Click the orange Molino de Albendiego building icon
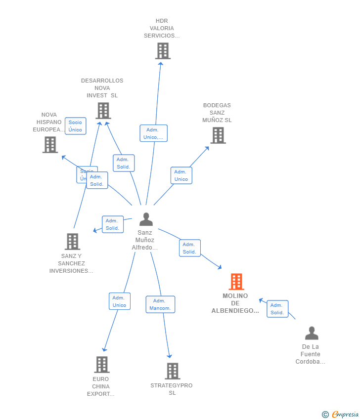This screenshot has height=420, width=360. pyautogui.click(x=236, y=282)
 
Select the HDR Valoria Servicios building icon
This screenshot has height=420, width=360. pyautogui.click(x=163, y=51)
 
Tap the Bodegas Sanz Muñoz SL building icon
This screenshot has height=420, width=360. pyautogui.click(x=218, y=135)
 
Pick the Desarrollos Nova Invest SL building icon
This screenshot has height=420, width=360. pyautogui.click(x=103, y=111)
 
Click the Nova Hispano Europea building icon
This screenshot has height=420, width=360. pyautogui.click(x=50, y=145)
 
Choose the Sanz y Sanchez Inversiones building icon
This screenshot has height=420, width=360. pyautogui.click(x=72, y=242)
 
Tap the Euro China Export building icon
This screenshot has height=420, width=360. pyautogui.click(x=101, y=365)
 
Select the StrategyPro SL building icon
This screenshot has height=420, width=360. pyautogui.click(x=172, y=371)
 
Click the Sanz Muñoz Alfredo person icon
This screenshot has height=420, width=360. pyautogui.click(x=146, y=219)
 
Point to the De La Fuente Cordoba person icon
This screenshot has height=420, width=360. pyautogui.click(x=312, y=334)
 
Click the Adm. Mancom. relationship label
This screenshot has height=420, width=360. pyautogui.click(x=160, y=304)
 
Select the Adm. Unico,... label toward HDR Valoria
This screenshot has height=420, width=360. pyautogui.click(x=153, y=133)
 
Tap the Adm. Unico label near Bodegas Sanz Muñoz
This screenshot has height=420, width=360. pyautogui.click(x=181, y=175)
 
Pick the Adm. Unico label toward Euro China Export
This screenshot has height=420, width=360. pyautogui.click(x=120, y=301)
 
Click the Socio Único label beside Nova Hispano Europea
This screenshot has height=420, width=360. pyautogui.click(x=76, y=126)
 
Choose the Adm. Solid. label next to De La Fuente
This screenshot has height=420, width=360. pyautogui.click(x=277, y=309)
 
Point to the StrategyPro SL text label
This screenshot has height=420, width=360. pyautogui.click(x=172, y=389)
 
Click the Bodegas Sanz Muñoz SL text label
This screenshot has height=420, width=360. pyautogui.click(x=217, y=113)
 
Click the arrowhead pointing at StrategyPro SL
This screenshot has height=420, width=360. pyautogui.click(x=170, y=356)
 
